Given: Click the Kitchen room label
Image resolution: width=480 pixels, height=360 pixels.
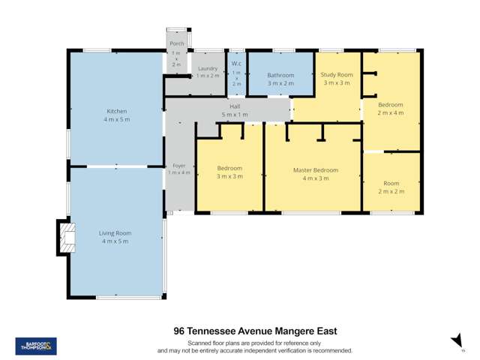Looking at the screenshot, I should (116, 111).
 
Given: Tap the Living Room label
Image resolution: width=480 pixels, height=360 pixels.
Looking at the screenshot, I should (115, 232).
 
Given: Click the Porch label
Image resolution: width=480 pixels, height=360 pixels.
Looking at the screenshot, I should (176, 43).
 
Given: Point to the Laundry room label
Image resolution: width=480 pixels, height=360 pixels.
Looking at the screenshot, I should (208, 69).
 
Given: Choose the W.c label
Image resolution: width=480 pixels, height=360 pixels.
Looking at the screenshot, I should (236, 63).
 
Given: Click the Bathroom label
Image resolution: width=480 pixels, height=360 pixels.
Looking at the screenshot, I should (280, 75).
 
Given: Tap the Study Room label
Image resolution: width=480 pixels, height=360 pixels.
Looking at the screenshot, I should (337, 74).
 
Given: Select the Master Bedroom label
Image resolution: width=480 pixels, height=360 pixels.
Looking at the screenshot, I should (315, 170).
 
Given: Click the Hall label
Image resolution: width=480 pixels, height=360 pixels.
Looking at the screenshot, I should (235, 106).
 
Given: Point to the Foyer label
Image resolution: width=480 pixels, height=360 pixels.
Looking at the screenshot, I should (178, 165).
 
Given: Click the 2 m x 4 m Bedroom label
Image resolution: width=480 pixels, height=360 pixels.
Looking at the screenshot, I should (390, 104).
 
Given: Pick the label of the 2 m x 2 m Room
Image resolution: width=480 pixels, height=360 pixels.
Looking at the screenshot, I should (391, 183).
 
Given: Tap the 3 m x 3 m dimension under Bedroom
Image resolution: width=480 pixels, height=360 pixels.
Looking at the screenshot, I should (229, 176).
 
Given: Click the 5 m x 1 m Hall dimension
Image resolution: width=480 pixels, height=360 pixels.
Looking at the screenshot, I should (235, 115).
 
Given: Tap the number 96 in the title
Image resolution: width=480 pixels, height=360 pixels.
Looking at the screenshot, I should (179, 331).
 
